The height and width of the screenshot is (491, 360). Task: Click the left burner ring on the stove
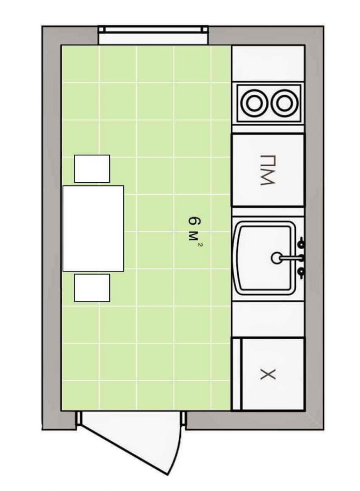tap(254, 102)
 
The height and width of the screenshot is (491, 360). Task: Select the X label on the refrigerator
tap(268, 374)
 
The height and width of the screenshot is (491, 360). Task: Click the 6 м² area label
tap(193, 228)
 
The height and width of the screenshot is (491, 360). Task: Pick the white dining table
tap(93, 228)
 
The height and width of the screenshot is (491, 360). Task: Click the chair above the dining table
tap(92, 168)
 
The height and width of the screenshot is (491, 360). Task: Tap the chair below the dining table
tap(92, 288)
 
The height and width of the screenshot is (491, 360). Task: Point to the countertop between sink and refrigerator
tap(268, 319)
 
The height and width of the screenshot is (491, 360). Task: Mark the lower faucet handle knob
tap(301, 271)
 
